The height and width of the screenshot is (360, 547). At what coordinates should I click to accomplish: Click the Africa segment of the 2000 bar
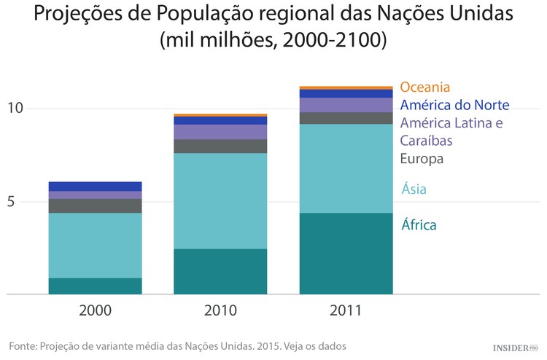click(x=95, y=286)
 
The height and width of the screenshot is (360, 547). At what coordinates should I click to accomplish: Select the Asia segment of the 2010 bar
click(x=220, y=200)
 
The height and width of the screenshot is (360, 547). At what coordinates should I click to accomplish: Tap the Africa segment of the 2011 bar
click(x=346, y=253)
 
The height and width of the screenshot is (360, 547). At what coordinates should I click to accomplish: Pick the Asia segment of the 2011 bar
click(x=346, y=168)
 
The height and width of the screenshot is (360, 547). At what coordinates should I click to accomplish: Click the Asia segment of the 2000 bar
click(x=95, y=245)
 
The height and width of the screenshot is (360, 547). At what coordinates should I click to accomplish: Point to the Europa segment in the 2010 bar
click(x=220, y=146)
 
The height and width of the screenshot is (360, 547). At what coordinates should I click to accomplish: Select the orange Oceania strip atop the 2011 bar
click(x=346, y=87)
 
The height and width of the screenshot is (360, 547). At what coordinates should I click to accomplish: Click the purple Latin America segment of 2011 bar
click(x=346, y=105)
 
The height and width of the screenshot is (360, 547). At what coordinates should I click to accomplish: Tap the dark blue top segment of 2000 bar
click(x=95, y=186)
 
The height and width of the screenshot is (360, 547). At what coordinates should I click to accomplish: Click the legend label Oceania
click(x=424, y=87)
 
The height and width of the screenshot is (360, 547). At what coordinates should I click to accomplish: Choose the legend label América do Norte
click(x=454, y=105)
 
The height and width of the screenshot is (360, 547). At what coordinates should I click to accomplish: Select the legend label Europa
click(x=422, y=158)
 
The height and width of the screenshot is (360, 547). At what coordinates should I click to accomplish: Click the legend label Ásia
click(x=414, y=189)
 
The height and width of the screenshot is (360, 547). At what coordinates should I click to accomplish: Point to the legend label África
click(x=419, y=224)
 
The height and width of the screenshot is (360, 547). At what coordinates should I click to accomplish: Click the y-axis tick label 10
click(x=15, y=109)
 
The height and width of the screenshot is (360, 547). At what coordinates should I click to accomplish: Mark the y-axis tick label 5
click(x=11, y=202)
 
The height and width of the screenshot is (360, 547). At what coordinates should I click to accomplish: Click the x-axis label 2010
click(x=220, y=310)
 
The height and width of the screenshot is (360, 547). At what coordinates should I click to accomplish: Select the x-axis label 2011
click(x=346, y=310)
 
